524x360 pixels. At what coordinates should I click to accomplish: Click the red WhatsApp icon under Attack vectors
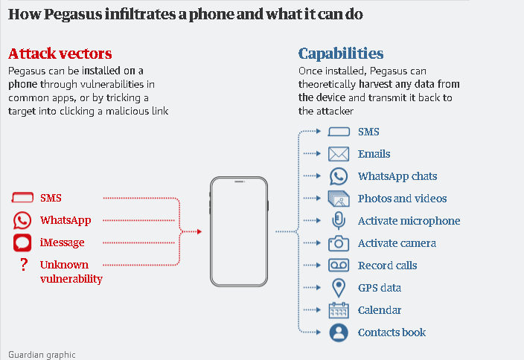coord(22,220)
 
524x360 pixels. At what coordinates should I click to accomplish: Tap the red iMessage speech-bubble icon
coord(22,242)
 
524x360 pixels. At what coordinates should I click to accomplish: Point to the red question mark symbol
coord(24,265)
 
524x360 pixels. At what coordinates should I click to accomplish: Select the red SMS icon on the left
coord(23,198)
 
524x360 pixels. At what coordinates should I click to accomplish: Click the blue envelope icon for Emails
coord(339,154)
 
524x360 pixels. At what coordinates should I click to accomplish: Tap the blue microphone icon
coord(339,221)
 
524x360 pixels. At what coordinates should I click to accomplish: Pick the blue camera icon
coord(339,243)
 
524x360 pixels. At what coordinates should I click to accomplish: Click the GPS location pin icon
coord(339,288)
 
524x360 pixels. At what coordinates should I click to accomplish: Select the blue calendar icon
coord(339,310)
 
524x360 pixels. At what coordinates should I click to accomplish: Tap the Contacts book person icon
coord(339,332)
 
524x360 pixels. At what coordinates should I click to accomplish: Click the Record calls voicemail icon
coord(339,266)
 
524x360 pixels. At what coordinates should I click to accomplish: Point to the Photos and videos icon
coord(339,199)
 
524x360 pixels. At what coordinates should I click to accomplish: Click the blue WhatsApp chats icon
coord(339,176)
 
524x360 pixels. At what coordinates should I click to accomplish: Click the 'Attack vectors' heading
coord(60,54)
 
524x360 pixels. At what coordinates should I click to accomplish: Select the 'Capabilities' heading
coord(341,54)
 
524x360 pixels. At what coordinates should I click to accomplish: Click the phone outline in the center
coord(238,231)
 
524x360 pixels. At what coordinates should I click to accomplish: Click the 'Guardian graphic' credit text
coord(42,355)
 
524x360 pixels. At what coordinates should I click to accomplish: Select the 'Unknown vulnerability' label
coord(71,272)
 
